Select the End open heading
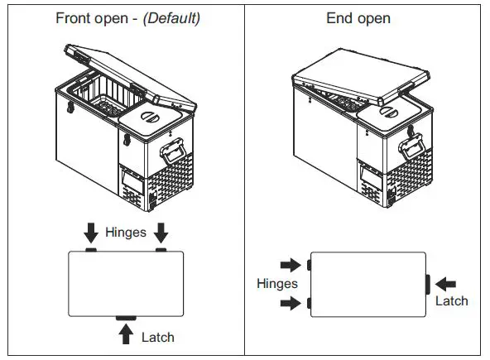tap(358, 17)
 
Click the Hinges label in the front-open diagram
tap(125, 233)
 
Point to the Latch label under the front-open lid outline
tap(157, 337)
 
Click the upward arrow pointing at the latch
tap(126, 334)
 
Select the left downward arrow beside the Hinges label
tap(91, 233)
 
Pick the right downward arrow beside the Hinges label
tap(161, 233)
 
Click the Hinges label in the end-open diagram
tap(276, 284)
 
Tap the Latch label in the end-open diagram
tap(451, 300)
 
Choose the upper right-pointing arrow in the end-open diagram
tap(291, 265)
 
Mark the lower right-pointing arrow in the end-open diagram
tap(291, 304)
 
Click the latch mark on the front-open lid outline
tap(126, 317)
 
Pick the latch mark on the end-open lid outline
tap(427, 284)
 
